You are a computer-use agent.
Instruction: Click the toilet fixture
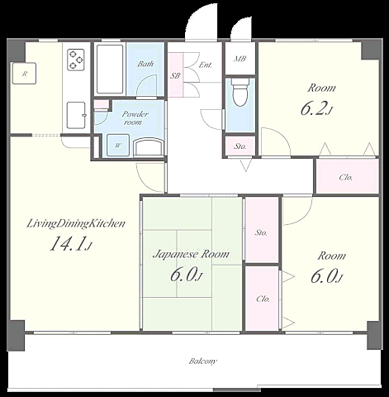pos(240,92)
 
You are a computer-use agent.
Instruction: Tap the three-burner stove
pos(76,60)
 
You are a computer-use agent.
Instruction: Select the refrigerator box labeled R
pos(24,74)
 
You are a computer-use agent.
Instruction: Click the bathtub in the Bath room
pos(110,69)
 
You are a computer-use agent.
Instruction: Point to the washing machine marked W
pos(118,146)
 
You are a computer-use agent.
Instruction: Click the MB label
pos(240,59)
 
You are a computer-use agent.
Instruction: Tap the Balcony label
pos(203,361)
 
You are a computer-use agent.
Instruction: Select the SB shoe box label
pos(175,75)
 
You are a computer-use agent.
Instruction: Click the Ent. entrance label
pos(206,65)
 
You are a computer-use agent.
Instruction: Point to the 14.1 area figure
pos(70,244)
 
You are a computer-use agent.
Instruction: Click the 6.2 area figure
pos(317,108)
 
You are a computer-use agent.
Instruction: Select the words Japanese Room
pos(191,254)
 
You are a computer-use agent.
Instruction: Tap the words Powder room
pos(135,118)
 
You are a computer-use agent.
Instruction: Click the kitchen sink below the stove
pos(76,115)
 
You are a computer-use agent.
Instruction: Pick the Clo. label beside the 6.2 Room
pos(345,177)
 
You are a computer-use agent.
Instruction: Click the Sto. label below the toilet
pos(240,146)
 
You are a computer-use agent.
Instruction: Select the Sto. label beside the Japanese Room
pos(261,233)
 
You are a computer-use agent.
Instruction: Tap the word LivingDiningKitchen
pos(76,224)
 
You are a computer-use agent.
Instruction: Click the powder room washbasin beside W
pos(149,147)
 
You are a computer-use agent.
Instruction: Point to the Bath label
pos(145,64)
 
